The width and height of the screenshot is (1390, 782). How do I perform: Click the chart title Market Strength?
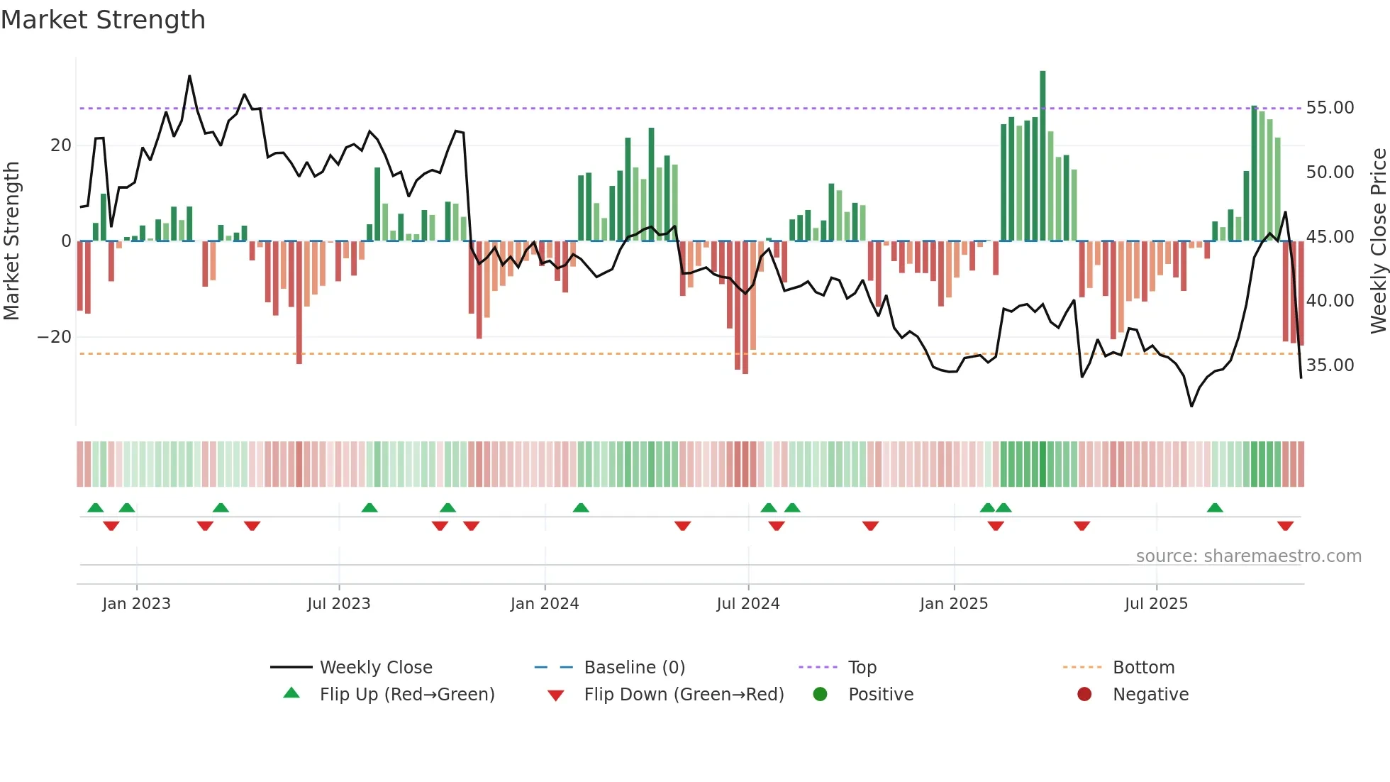[x=103, y=20]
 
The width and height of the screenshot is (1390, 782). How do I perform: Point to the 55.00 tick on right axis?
[x=1330, y=108]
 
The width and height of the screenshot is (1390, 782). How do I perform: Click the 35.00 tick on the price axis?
[x=1330, y=365]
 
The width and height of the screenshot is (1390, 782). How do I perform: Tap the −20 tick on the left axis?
[x=55, y=337]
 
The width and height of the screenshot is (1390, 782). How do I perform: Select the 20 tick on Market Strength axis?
[x=61, y=145]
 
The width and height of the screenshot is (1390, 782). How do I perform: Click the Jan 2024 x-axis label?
[x=544, y=604]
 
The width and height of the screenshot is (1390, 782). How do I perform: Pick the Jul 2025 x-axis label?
[x=1155, y=604]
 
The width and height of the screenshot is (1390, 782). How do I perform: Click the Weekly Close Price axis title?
[x=1378, y=241]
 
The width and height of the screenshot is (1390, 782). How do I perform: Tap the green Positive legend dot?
[x=820, y=694]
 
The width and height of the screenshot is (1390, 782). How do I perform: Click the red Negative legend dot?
[x=1084, y=694]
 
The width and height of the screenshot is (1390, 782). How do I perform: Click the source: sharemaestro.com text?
[x=1248, y=556]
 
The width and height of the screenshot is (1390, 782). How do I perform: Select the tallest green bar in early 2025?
[x=1042, y=156]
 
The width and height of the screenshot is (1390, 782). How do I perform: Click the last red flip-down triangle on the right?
[x=1285, y=526]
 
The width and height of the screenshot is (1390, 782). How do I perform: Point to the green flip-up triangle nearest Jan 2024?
[x=581, y=507]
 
